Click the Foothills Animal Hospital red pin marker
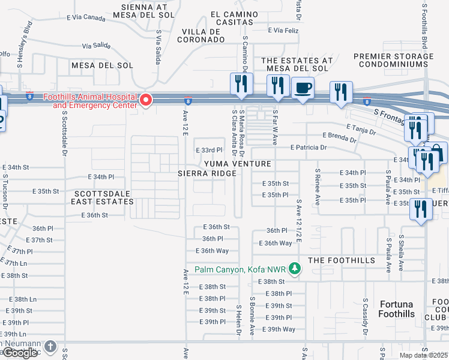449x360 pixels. (x=145, y=100)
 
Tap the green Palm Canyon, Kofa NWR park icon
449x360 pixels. (x=294, y=269)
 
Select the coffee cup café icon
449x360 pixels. (x=303, y=88)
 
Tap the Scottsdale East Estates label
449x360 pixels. (x=103, y=198)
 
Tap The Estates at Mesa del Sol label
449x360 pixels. (x=297, y=65)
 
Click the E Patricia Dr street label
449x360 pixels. (x=308, y=147)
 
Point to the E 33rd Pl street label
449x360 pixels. (x=208, y=150)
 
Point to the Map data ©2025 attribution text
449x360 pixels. (x=423, y=355)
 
